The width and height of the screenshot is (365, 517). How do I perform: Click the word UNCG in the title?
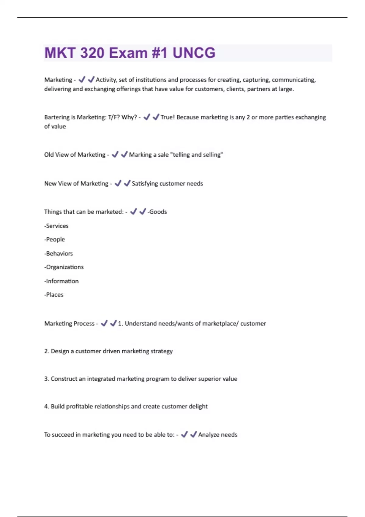coord(194,53)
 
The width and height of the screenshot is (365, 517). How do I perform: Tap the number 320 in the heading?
coord(92,53)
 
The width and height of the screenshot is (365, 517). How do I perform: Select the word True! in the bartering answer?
coord(168,117)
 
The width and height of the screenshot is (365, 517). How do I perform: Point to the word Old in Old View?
coord(49,155)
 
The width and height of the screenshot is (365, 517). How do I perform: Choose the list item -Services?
coord(56,226)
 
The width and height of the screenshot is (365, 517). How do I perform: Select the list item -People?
coord(54,240)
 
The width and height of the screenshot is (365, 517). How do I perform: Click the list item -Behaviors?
coord(58,254)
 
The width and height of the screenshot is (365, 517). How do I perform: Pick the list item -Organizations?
coord(64,267)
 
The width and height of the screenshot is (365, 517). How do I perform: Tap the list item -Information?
coord(61,281)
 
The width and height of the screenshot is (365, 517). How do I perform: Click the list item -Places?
coord(54,295)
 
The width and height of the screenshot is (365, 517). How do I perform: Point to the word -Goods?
coord(157,212)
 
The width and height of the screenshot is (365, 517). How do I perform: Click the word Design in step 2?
coord(60,351)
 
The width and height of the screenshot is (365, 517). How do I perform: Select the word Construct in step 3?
coord(64,379)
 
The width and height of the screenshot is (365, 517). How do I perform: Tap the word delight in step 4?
coord(198,407)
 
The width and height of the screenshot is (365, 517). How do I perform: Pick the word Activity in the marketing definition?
coord(106,80)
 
